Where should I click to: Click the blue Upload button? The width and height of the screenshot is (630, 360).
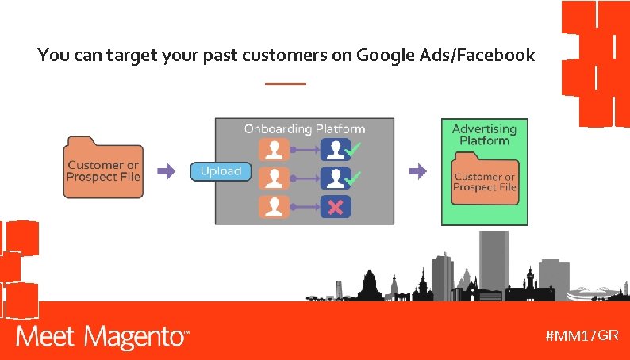[221, 171]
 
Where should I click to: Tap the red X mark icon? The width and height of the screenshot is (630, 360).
[336, 207]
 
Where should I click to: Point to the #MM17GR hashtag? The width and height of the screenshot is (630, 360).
[582, 335]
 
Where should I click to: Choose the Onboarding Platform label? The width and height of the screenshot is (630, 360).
[305, 128]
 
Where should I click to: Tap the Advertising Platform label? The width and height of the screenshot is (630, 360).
[484, 134]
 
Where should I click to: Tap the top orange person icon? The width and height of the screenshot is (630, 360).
[275, 150]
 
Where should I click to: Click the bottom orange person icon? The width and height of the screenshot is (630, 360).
[275, 207]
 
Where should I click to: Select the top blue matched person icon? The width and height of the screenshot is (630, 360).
[333, 150]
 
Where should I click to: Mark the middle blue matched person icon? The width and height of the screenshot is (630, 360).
[333, 178]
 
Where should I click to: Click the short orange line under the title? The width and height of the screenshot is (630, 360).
[285, 83]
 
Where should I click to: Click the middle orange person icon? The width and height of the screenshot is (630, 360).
[275, 178]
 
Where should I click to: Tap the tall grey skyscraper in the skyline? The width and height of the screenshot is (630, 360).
[494, 262]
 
